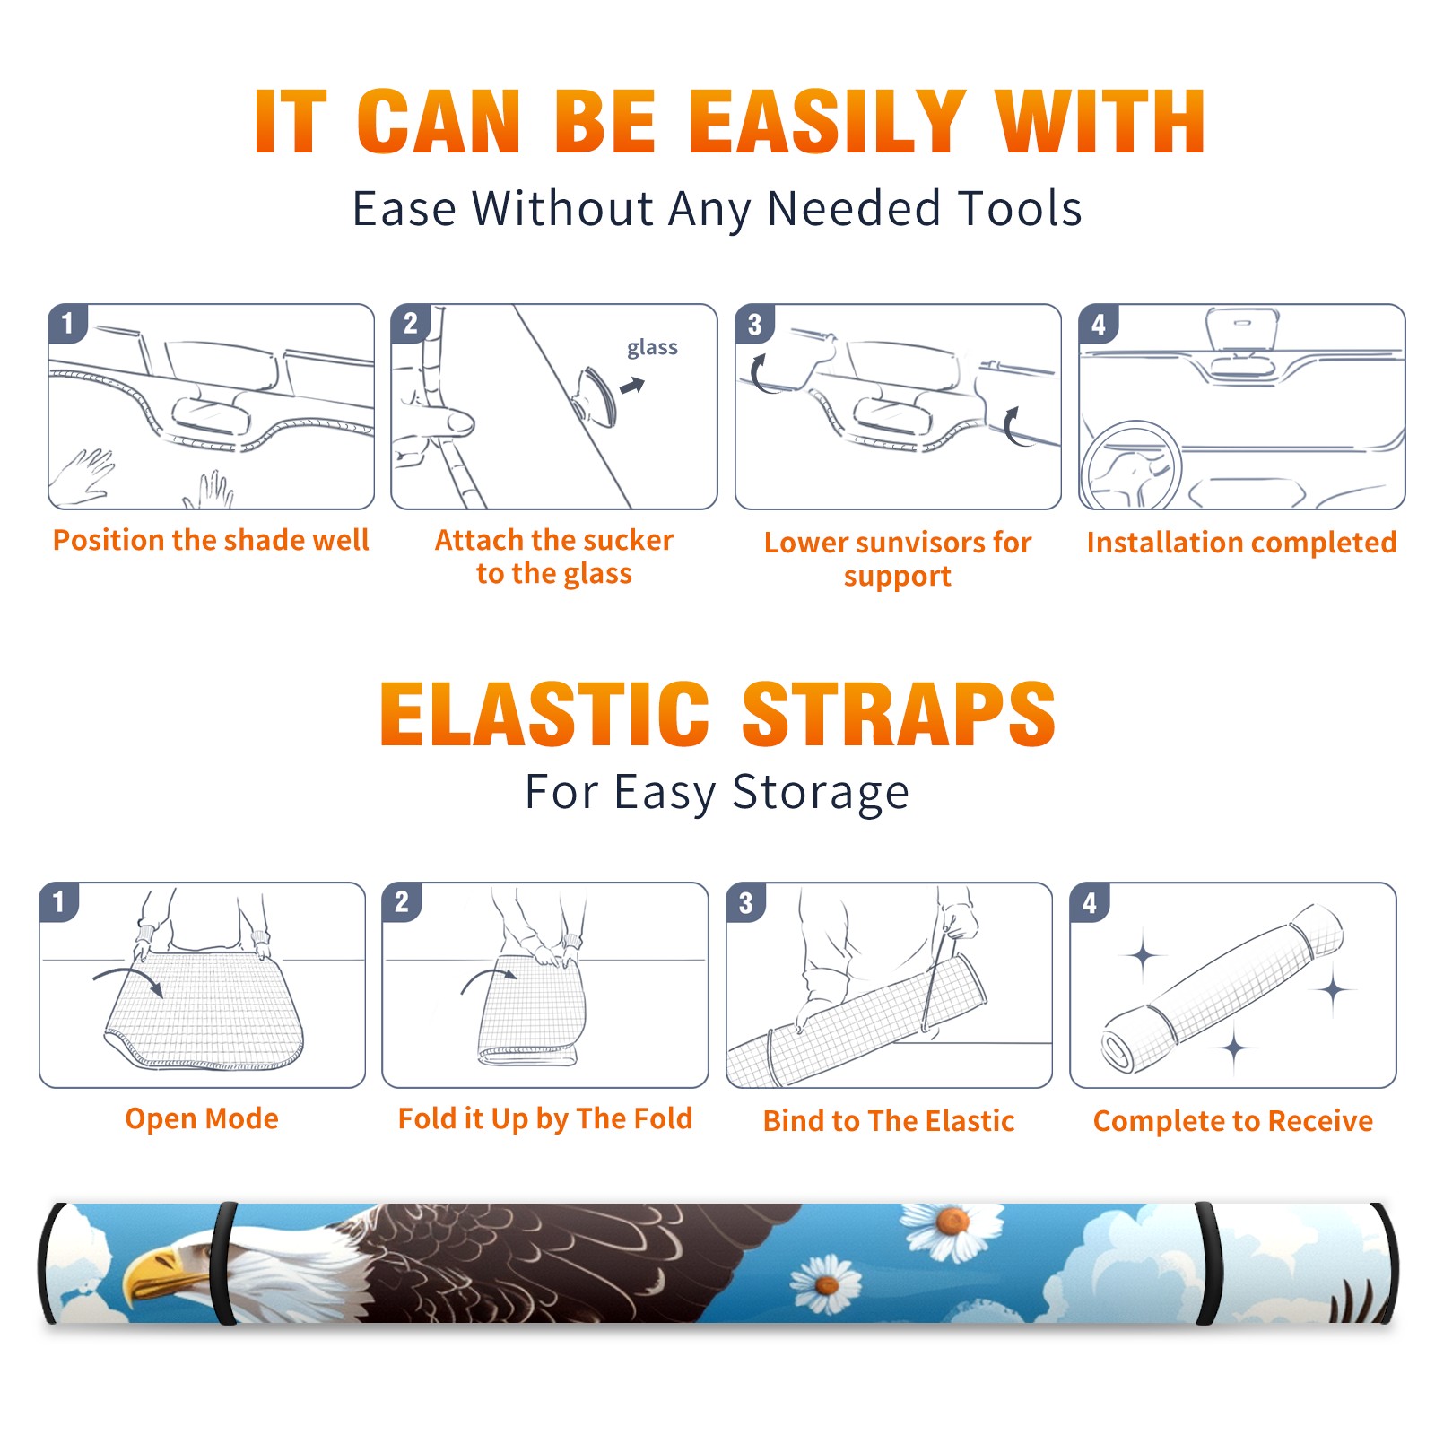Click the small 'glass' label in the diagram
[x=652, y=348]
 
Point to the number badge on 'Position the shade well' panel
[x=67, y=323]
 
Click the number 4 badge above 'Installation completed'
[x=1098, y=324]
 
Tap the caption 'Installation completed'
[x=1241, y=542]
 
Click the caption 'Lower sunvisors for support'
[x=898, y=559]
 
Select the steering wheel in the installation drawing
[x=1131, y=465]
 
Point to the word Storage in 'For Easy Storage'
[x=821, y=793]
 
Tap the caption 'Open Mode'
[x=202, y=1118]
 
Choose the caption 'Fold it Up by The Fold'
[x=545, y=1119]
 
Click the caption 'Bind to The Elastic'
[x=889, y=1121]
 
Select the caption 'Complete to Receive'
[x=1233, y=1121]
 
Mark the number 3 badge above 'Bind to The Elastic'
[x=745, y=902]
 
